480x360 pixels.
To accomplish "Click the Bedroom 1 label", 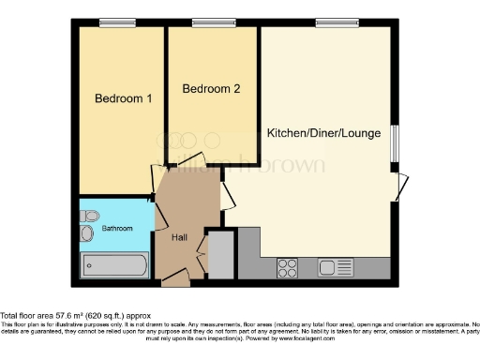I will [117, 97].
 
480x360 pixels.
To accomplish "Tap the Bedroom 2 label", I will [211, 90].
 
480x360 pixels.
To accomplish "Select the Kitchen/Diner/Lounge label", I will [323, 133].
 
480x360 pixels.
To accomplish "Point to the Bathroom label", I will [118, 227].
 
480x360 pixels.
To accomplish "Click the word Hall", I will [180, 237].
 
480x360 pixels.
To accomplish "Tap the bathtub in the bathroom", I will [114, 265].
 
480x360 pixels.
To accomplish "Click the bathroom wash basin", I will [90, 214].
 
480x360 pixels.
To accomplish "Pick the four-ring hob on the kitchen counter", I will [289, 268].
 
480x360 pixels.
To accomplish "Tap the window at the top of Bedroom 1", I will [118, 22].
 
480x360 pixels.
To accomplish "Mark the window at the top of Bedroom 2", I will [212, 22].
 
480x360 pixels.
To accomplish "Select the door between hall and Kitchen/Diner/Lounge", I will [228, 192].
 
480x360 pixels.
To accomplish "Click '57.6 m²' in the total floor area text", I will [60, 316].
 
